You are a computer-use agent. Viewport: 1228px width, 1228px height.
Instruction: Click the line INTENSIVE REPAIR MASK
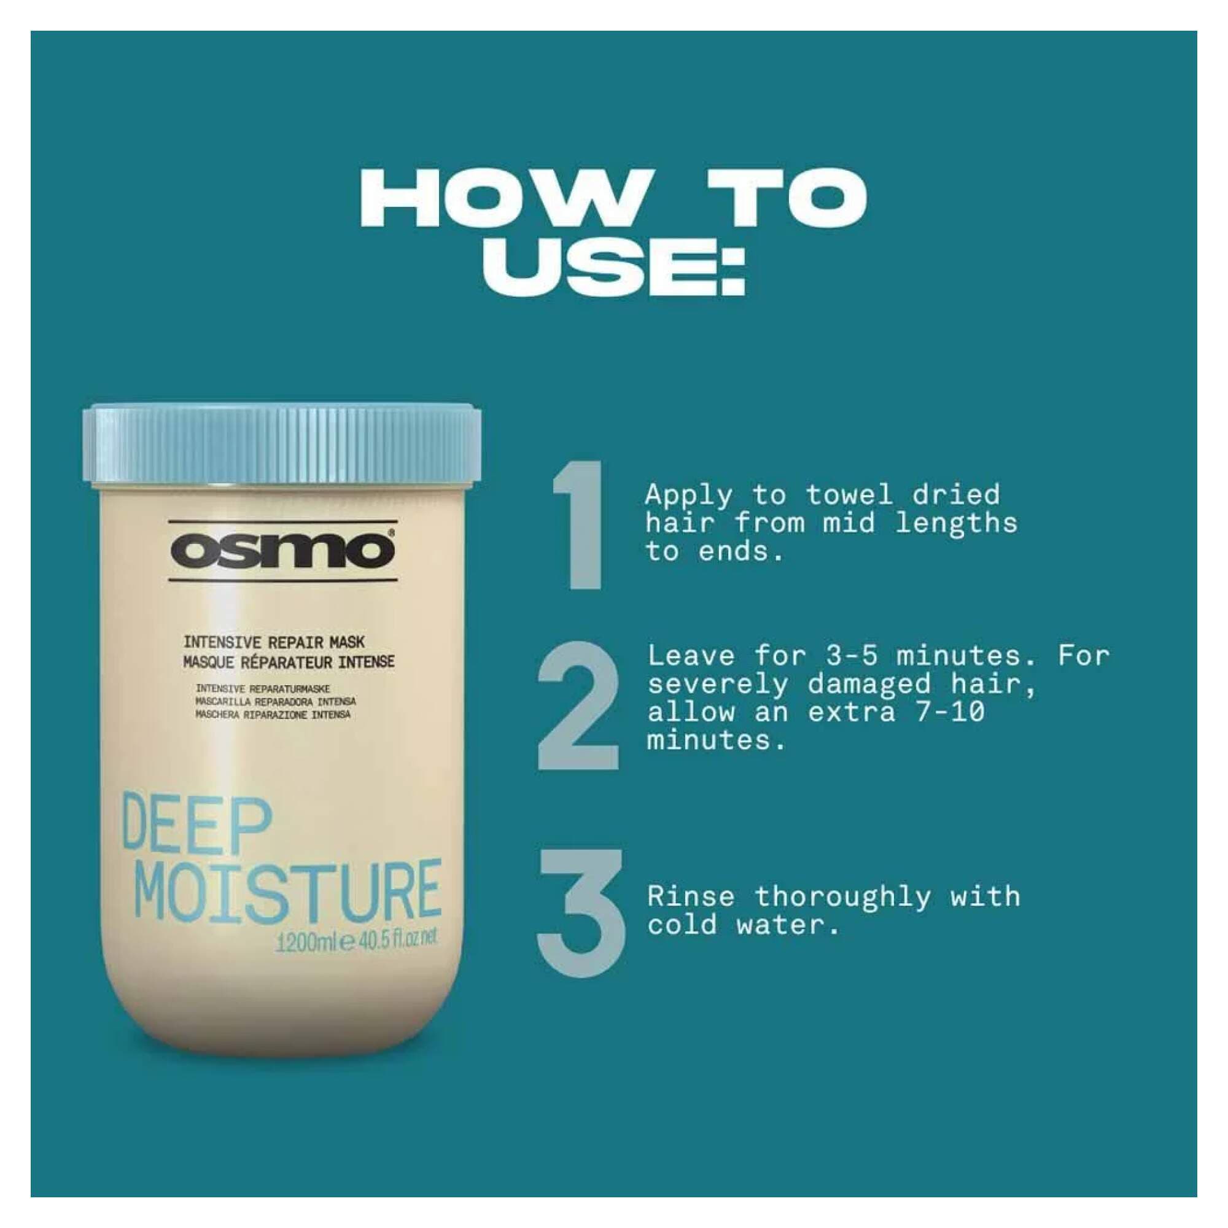(274, 643)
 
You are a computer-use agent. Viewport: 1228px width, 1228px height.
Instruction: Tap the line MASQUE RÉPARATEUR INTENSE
(289, 662)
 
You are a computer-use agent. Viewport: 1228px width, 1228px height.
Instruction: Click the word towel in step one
(849, 494)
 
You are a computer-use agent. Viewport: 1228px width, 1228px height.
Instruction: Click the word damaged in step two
(870, 684)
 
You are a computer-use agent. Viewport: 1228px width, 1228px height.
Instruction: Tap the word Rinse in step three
(690, 897)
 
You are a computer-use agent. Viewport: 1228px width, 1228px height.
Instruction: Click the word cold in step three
(683, 925)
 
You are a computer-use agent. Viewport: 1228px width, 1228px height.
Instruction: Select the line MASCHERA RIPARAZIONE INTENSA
(273, 715)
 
